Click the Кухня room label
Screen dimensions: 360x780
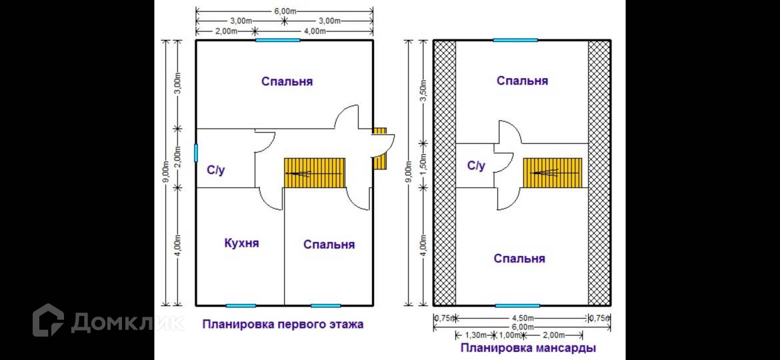pos(241,243)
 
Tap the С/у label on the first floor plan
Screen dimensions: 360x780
pos(215,171)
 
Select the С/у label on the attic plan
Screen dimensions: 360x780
pos(476,165)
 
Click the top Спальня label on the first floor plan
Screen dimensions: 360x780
pos(287,82)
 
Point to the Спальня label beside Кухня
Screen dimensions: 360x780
pos(329,245)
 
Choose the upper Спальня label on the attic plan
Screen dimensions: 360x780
pos(522,81)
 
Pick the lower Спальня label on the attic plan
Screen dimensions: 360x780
pos(519,259)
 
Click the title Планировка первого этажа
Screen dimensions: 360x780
pos(283,325)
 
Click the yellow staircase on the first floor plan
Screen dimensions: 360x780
pos(315,173)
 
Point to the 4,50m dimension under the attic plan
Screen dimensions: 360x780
pos(521,318)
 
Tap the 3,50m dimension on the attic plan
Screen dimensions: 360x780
pos(421,91)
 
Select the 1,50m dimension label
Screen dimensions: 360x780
pos(421,165)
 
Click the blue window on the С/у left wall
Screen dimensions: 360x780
pos(196,153)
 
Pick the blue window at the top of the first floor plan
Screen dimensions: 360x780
pos(277,40)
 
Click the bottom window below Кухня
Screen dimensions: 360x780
pos(241,305)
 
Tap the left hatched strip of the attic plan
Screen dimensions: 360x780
pos(445,172)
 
